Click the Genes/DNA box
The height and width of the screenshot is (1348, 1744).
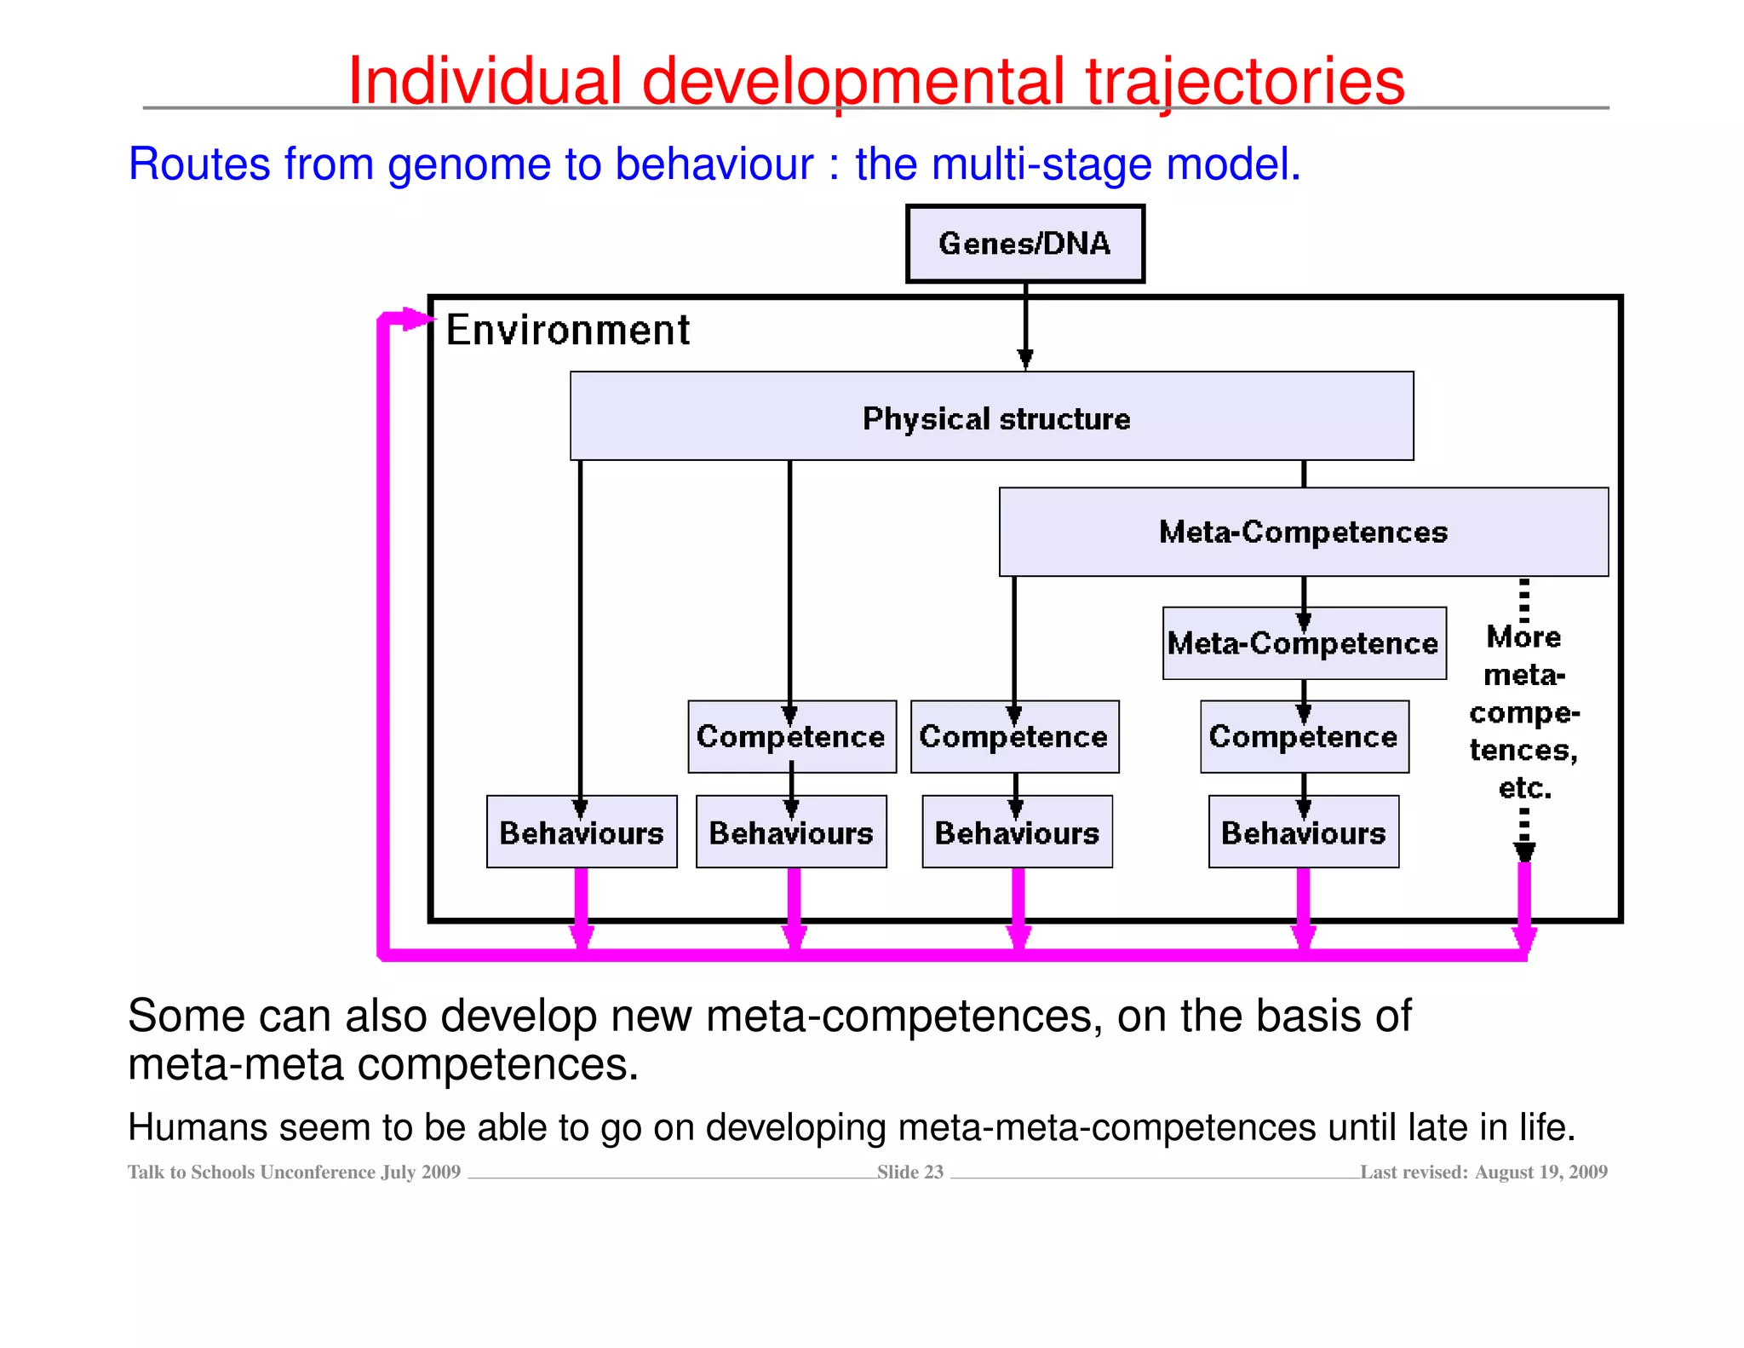pos(1024,244)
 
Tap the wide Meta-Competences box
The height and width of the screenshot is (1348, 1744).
pos(1303,532)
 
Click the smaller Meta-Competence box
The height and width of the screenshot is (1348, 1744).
pos(1303,643)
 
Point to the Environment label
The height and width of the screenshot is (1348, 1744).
pos(568,330)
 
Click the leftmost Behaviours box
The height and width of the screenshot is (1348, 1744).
pos(582,832)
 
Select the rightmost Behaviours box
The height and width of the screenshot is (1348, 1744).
pos(1303,832)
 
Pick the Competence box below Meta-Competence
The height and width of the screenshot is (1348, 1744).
pos(1303,736)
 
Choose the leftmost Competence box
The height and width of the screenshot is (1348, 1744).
pos(791,736)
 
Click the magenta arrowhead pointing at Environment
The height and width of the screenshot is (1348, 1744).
pos(418,320)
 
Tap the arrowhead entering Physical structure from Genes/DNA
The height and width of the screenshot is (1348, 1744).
pos(1025,359)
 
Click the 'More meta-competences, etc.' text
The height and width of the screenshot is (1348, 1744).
pos(1523,712)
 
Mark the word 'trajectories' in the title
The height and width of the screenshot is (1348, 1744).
pos(1244,81)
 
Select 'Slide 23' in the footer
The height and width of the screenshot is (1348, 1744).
pos(910,1172)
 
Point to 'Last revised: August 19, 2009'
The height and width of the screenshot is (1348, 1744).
pos(1483,1172)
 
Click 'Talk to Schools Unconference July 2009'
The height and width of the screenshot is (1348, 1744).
pos(294,1172)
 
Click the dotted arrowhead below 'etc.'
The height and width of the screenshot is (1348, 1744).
pos(1524,851)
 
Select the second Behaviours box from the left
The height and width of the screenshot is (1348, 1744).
pos(791,832)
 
